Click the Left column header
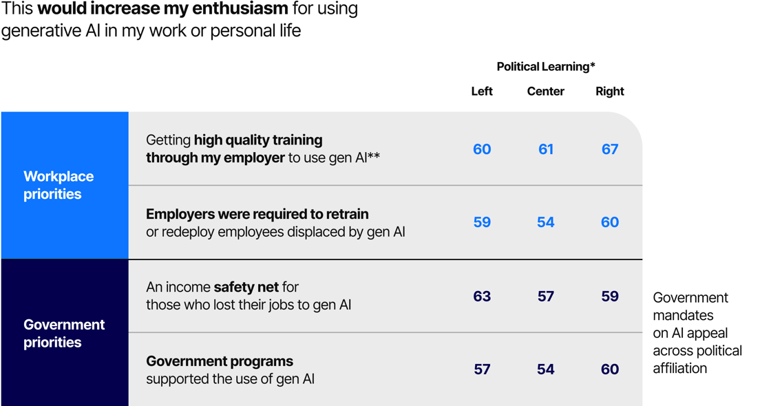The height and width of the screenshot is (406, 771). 482,92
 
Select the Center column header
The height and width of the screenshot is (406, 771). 546,92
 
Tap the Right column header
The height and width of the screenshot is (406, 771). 610,92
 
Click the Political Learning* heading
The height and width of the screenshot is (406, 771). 546,67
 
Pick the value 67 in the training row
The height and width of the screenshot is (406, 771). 610,149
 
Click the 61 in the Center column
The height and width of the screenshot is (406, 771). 546,149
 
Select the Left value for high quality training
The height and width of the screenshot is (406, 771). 482,149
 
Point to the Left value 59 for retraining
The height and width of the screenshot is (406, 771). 482,222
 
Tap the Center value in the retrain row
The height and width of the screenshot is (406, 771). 546,222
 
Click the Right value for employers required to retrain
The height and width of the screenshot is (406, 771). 610,222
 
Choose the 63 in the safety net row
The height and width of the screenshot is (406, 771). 482,297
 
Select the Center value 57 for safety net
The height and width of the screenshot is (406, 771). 546,297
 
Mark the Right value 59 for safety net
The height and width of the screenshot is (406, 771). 610,297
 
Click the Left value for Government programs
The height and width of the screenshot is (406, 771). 482,370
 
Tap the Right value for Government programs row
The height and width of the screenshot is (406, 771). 610,370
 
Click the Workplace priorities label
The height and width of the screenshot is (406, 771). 59,185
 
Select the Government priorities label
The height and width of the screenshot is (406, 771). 64,333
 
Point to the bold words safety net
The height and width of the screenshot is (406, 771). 246,287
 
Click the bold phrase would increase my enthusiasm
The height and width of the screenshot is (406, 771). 162,10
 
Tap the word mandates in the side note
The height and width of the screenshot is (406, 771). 683,315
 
